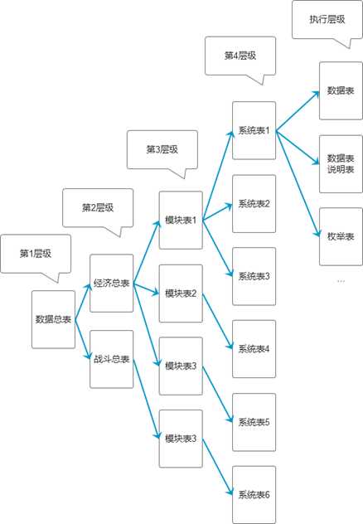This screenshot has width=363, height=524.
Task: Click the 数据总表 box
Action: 53,319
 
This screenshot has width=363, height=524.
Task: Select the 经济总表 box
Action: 112,283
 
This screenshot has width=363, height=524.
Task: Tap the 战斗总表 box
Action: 112,359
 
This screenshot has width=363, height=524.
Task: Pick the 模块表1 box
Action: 181,221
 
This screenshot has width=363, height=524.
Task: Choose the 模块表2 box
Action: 181,294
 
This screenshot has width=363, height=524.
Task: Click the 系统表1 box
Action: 254,131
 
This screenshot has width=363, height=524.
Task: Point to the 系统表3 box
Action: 254,276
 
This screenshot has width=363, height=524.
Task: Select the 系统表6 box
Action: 254,495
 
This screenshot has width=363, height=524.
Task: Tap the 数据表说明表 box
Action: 341,164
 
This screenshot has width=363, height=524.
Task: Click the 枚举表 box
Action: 341,236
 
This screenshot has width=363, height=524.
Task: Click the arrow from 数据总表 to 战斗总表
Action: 83,340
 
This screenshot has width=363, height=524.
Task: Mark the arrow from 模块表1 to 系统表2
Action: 217,212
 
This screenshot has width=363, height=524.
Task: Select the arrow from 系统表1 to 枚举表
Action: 298,184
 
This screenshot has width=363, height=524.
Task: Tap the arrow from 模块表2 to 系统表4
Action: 217,322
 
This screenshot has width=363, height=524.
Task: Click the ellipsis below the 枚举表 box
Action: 341,281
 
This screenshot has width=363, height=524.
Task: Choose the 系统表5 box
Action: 254,422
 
